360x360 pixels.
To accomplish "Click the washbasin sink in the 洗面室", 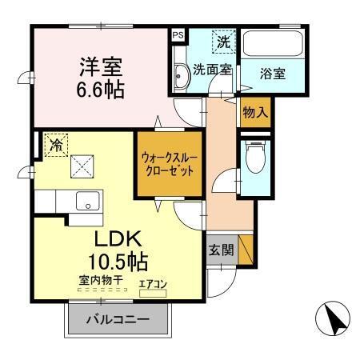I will click(181, 78).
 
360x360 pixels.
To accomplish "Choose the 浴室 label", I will click(271, 74).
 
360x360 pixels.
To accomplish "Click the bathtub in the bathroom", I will click(272, 45).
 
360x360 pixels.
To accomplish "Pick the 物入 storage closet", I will click(254, 113).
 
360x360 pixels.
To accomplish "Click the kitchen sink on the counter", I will click(85, 201).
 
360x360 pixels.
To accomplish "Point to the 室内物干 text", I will click(99, 281).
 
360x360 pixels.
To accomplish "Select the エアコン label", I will click(154, 283).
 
